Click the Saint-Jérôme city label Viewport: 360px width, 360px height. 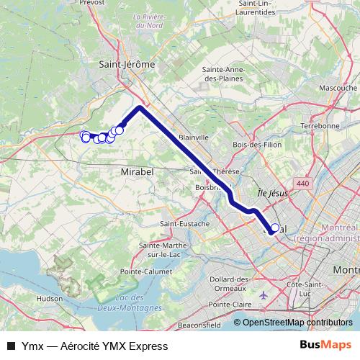point(127,64)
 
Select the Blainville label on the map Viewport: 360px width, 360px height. point(193,137)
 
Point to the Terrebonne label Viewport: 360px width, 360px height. point(320,125)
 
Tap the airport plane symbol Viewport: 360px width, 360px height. point(261,295)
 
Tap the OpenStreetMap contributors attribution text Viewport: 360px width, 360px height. point(297,323)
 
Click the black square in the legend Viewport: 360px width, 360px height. point(11,346)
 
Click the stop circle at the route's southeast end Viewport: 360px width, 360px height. point(274,228)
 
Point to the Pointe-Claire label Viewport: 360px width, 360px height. point(230,305)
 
